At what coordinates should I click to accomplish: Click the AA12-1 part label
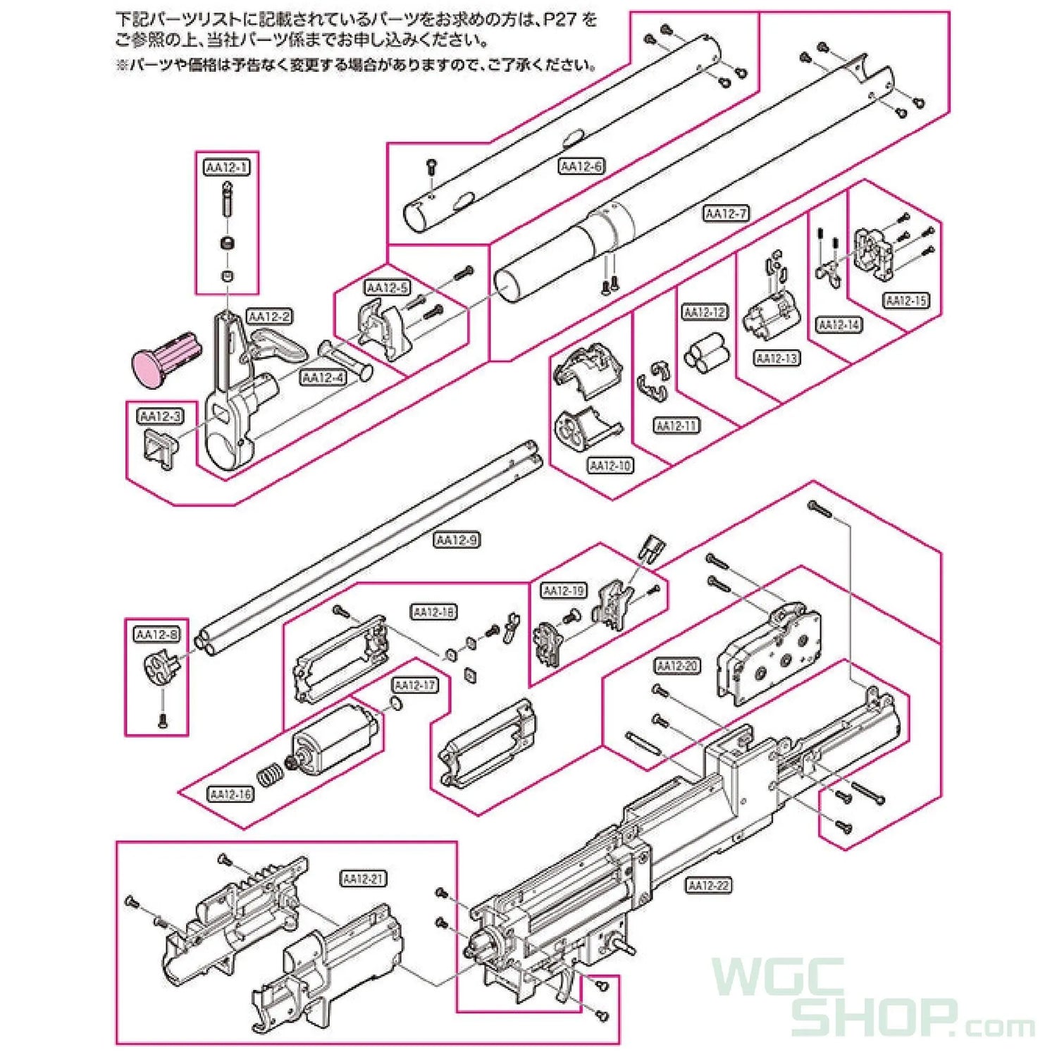tap(227, 168)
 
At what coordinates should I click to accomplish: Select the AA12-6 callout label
tap(581, 166)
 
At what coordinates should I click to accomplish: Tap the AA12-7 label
tap(726, 213)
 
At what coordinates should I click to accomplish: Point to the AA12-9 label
tap(457, 540)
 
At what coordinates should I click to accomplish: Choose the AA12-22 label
tap(709, 886)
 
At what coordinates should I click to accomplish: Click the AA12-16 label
tap(230, 794)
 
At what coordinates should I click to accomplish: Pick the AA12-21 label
tap(364, 879)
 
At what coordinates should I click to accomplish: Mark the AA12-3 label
tap(160, 416)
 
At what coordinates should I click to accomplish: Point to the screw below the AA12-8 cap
tap(163, 721)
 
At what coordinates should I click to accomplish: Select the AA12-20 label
tap(677, 666)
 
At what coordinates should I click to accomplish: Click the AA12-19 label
tap(564, 591)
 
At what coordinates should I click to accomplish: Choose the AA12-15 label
tap(906, 301)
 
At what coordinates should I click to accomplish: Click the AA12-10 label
tap(610, 466)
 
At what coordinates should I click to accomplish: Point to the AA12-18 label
tap(433, 612)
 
